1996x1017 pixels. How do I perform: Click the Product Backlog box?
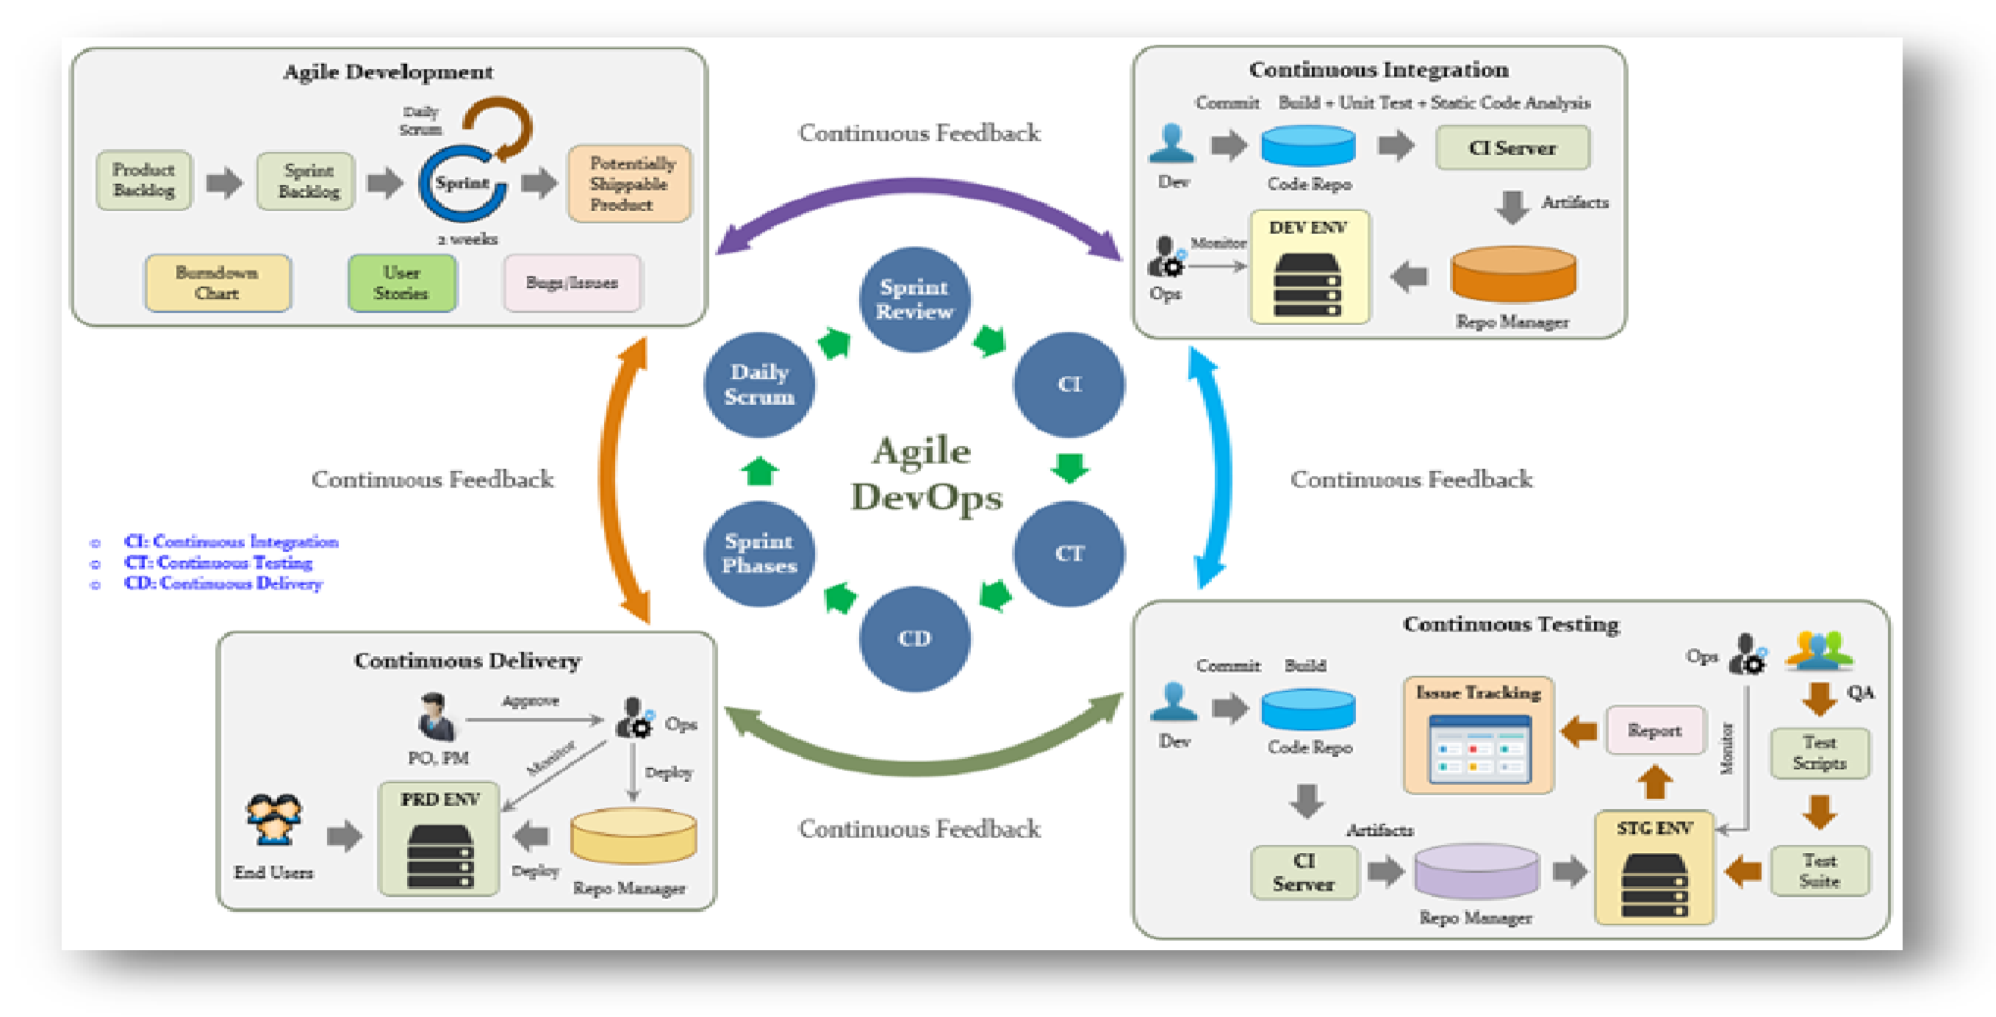[144, 180]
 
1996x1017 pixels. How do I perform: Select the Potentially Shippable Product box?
[629, 184]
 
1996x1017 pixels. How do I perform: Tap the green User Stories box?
[401, 283]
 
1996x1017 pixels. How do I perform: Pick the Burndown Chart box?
[218, 283]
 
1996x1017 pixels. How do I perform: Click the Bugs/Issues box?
[572, 283]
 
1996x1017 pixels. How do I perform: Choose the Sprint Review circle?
[914, 300]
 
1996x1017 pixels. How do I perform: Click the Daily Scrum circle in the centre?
[759, 384]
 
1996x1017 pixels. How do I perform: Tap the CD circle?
[914, 639]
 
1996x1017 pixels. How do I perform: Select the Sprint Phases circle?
[759, 553]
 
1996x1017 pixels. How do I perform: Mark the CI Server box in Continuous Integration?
[1512, 148]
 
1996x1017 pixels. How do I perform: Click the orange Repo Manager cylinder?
[1512, 275]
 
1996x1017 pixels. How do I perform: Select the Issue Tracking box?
[1479, 735]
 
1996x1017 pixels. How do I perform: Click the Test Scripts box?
[1820, 752]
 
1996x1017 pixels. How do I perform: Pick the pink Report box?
[1655, 730]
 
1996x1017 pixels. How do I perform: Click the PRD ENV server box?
[439, 839]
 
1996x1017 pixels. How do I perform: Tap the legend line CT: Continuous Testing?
[218, 562]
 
